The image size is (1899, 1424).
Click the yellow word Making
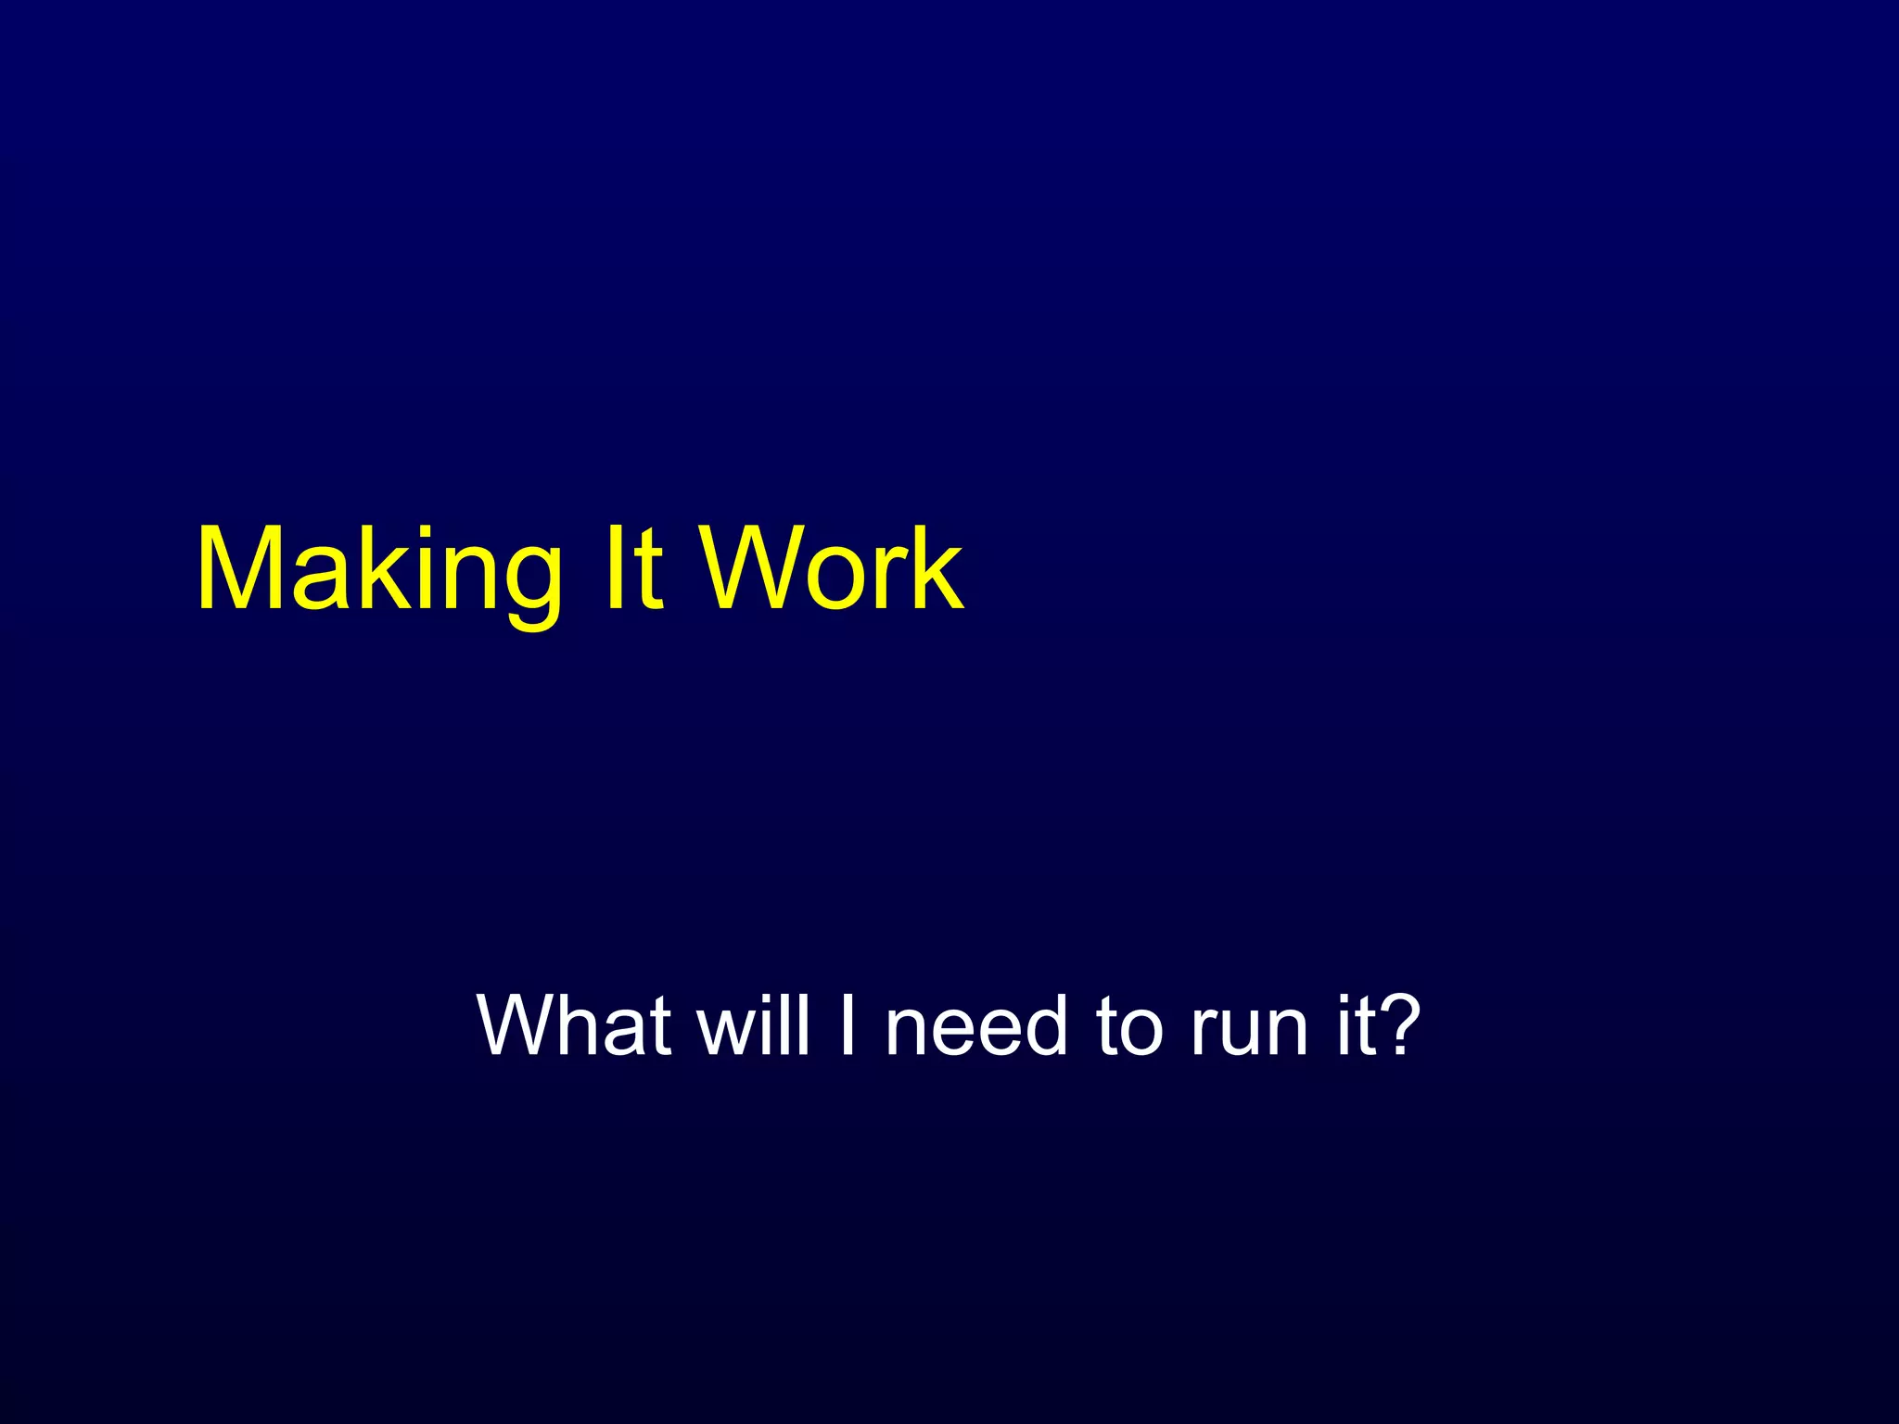[378, 570]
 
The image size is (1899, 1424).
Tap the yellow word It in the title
[634, 567]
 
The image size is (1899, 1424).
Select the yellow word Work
[831, 567]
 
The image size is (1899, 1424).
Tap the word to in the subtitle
[1128, 1027]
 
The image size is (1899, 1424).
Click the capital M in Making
[243, 567]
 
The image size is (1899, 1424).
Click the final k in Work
[936, 567]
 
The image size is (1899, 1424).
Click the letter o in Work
[834, 580]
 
